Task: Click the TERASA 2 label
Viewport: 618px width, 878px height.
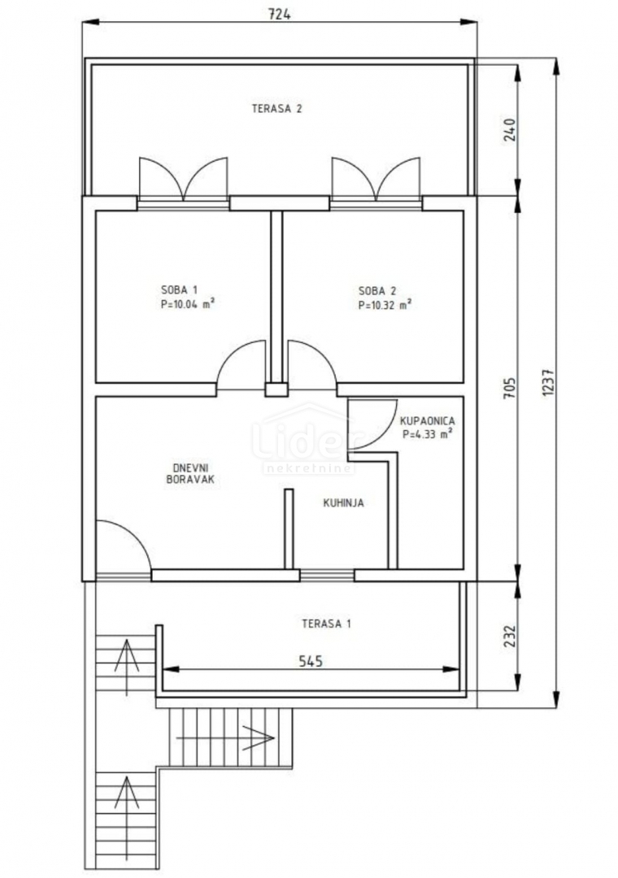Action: (276, 108)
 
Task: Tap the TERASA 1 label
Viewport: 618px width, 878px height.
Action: (326, 624)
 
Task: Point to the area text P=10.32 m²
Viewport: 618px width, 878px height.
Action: (384, 306)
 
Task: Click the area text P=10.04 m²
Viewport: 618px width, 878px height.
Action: (188, 306)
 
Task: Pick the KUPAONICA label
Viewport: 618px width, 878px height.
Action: (427, 421)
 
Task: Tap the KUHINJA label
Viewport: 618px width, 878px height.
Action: (343, 503)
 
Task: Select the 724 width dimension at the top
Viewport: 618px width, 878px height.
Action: (278, 14)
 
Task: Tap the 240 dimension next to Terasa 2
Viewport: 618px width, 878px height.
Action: (509, 130)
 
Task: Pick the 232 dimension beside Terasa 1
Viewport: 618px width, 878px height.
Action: (509, 635)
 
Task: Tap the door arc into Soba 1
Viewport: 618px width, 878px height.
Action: (241, 363)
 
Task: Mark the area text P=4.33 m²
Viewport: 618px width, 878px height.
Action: (427, 435)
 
